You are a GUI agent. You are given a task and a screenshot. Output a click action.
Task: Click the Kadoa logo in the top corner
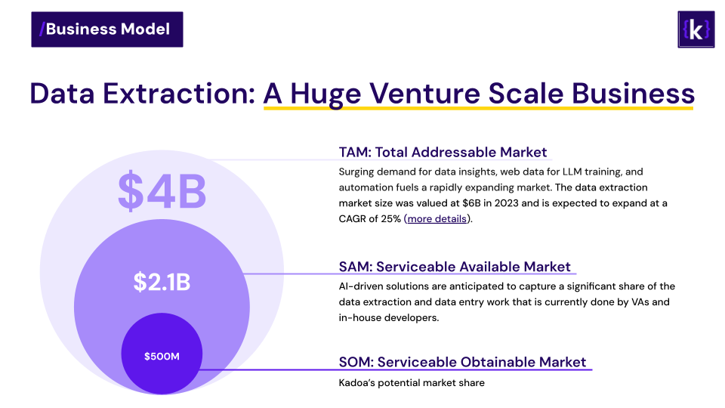click(696, 29)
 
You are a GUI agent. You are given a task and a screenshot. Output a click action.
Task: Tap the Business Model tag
click(107, 29)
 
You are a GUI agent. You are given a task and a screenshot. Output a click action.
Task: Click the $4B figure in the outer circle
click(162, 191)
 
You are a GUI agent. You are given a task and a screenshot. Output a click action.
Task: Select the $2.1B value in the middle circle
click(162, 282)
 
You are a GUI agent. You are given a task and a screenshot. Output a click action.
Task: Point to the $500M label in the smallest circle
click(162, 356)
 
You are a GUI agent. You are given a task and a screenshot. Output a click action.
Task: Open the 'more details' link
click(437, 219)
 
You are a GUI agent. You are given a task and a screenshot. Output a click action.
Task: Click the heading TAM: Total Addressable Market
click(443, 152)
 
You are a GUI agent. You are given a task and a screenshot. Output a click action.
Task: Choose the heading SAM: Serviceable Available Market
click(455, 267)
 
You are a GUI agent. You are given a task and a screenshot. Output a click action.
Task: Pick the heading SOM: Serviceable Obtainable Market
click(462, 362)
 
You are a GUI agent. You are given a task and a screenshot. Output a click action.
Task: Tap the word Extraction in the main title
click(178, 94)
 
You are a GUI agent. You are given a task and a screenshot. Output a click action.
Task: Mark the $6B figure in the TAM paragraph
click(471, 203)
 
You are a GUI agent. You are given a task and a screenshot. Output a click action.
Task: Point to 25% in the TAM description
click(391, 219)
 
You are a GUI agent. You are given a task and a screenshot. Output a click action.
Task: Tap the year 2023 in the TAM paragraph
click(506, 203)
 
